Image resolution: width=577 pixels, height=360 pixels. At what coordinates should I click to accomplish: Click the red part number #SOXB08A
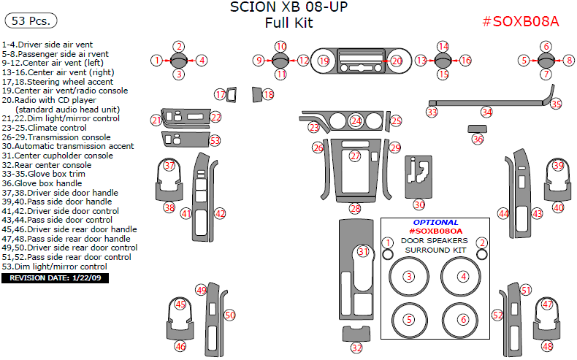click(x=521, y=21)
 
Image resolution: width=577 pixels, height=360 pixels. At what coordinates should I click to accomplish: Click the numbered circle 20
click(x=397, y=61)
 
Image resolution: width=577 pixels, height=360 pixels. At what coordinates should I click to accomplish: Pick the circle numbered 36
click(x=478, y=139)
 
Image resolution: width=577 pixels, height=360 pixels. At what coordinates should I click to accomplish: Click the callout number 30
click(x=419, y=205)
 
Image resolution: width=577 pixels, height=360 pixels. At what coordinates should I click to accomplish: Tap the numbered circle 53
click(x=215, y=139)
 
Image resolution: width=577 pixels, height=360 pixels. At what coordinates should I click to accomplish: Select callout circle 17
click(x=220, y=94)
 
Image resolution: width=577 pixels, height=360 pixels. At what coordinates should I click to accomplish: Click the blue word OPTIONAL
click(x=436, y=222)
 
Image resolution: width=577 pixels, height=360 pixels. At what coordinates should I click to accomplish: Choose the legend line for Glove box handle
click(x=45, y=183)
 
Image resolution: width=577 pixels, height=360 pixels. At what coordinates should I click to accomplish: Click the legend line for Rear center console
click(x=48, y=165)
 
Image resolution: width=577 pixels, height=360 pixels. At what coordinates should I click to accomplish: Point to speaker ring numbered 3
click(x=409, y=276)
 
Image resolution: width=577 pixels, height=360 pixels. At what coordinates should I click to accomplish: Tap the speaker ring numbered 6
click(x=463, y=320)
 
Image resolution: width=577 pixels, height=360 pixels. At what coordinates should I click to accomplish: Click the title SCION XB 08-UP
click(x=288, y=8)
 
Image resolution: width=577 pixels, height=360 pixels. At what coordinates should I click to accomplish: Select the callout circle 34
click(x=486, y=112)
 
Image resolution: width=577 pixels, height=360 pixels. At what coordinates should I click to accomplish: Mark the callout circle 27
click(x=356, y=156)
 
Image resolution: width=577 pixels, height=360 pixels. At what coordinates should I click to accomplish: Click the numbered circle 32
click(x=356, y=348)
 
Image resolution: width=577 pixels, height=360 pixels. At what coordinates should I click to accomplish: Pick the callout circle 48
click(x=548, y=347)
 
